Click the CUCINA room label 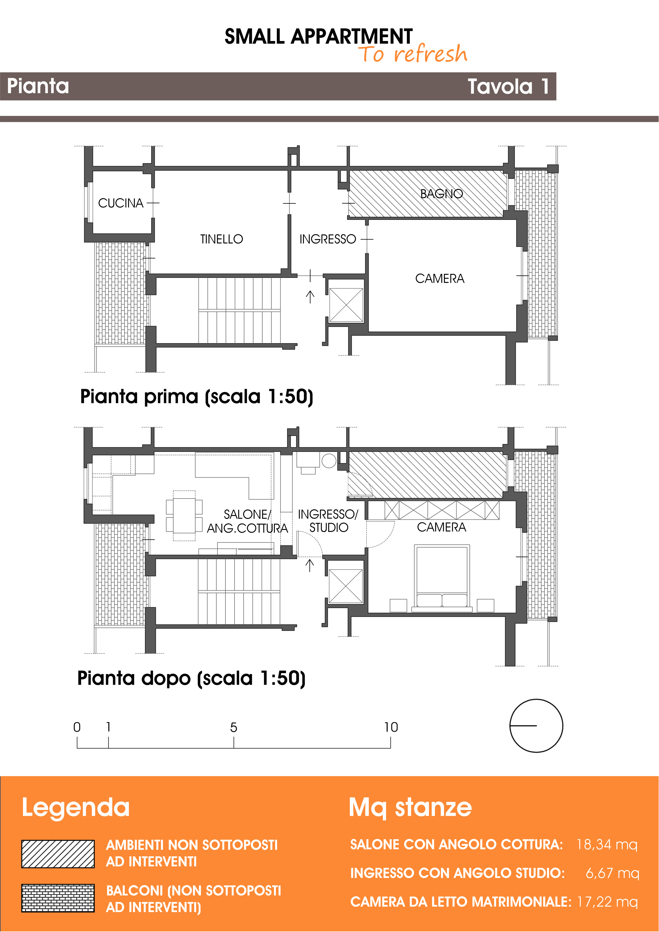[x=121, y=203]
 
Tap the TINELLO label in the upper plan [x=221, y=239]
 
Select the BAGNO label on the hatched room [x=441, y=194]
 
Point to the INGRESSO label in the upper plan [x=327, y=239]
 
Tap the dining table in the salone [x=184, y=515]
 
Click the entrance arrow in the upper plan [x=310, y=297]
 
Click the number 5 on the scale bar [x=234, y=727]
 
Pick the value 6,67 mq [x=612, y=873]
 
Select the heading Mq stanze [x=410, y=807]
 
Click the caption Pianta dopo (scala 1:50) [x=192, y=679]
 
